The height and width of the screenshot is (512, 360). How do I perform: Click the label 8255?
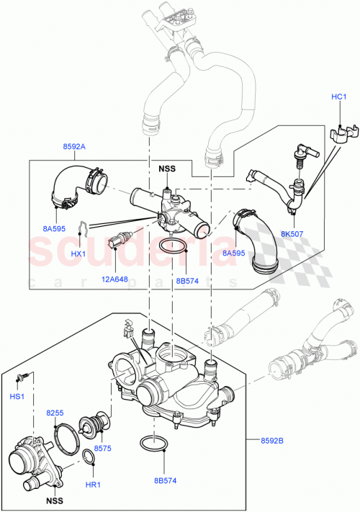pos(55,413)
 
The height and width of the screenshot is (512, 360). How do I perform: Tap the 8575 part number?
pos(102,449)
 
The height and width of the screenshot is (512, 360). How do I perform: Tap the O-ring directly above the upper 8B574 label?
pos(173,248)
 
